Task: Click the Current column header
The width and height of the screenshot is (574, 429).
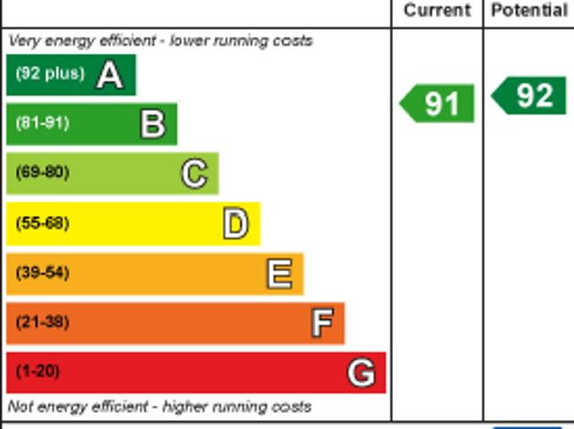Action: (x=437, y=10)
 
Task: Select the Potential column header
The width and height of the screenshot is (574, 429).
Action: (x=529, y=10)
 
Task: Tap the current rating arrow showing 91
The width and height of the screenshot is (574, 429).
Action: (x=437, y=103)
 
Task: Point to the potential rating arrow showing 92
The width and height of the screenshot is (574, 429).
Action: (x=528, y=96)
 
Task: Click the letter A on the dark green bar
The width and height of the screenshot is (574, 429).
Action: (x=109, y=75)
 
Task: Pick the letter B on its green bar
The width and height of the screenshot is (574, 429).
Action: (x=153, y=124)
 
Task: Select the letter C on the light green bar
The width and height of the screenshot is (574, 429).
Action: (x=195, y=174)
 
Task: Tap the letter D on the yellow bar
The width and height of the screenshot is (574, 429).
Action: (x=236, y=223)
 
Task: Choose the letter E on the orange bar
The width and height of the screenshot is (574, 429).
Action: (x=280, y=273)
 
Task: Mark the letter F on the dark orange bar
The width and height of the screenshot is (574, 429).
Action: (x=322, y=322)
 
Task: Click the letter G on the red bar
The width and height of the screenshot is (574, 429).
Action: (x=361, y=373)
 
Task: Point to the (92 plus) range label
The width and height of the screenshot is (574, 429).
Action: (x=50, y=73)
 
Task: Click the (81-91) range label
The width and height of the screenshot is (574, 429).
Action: (x=42, y=123)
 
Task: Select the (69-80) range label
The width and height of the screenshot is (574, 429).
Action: (x=42, y=172)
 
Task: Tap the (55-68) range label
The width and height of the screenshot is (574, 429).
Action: (x=42, y=222)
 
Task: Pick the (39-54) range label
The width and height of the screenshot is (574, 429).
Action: (x=42, y=272)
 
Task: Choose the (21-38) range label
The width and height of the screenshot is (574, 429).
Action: (x=42, y=322)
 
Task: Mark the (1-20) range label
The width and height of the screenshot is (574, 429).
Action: (x=38, y=372)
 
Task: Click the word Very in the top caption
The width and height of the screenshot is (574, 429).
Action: (x=23, y=41)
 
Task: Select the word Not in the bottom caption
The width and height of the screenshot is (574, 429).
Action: (x=21, y=407)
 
